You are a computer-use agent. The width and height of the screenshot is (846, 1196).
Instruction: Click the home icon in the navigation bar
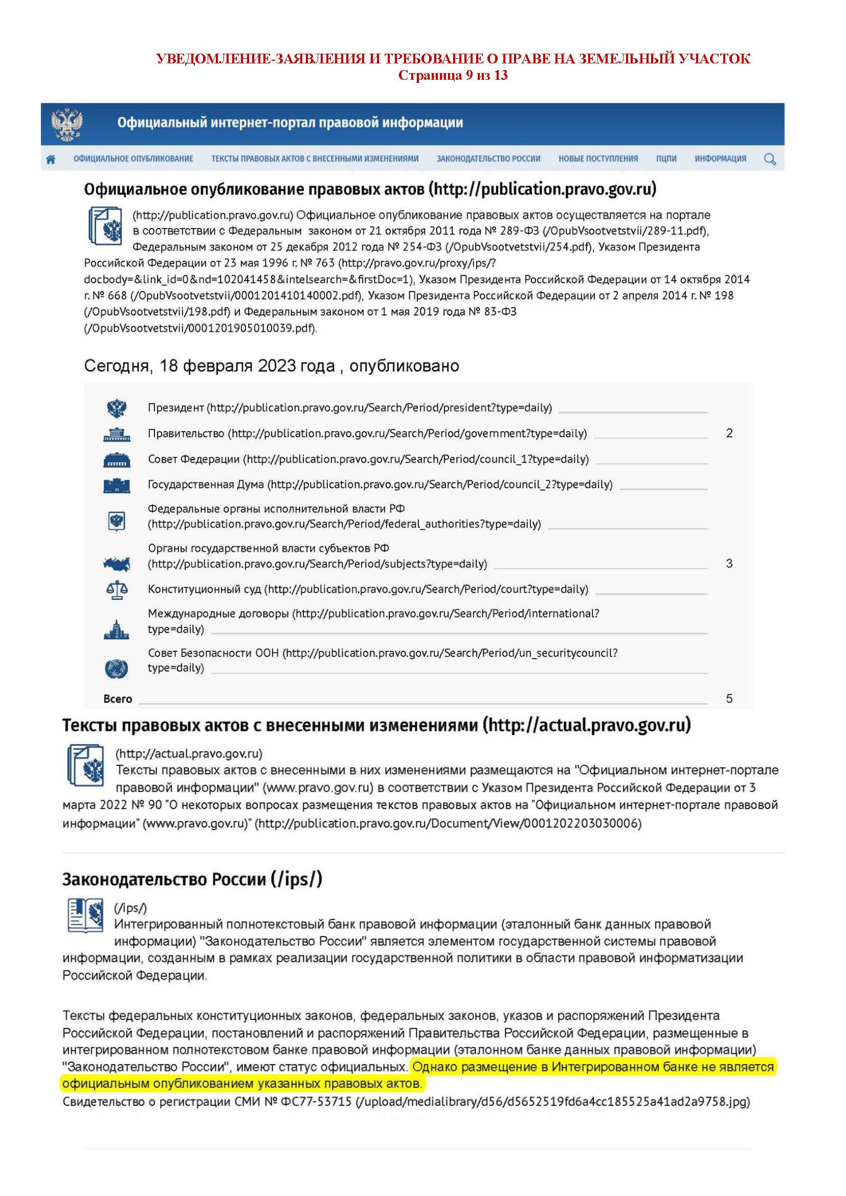[x=51, y=160]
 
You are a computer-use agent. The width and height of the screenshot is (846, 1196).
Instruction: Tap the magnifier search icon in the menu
[x=769, y=159]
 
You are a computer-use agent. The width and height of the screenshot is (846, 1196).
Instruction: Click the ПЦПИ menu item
[x=666, y=159]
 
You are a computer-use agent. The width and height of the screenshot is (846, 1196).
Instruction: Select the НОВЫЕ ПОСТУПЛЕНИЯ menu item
[x=598, y=159]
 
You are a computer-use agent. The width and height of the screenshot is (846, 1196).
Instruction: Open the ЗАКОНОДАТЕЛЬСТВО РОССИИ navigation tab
[x=488, y=159]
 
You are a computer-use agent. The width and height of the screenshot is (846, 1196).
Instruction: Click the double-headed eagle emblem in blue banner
[x=66, y=124]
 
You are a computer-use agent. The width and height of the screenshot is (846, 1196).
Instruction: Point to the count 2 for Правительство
[x=729, y=434]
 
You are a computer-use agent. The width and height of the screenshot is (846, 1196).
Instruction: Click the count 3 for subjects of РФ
[x=729, y=563]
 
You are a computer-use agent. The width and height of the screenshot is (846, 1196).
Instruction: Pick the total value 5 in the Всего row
[x=729, y=698]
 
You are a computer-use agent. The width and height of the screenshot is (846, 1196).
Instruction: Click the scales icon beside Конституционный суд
[x=116, y=590]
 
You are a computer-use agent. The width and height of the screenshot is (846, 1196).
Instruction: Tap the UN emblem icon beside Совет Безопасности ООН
[x=116, y=668]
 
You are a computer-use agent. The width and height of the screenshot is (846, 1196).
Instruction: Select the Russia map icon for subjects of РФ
[x=116, y=563]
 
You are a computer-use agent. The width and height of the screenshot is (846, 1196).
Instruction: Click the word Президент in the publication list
[x=175, y=408]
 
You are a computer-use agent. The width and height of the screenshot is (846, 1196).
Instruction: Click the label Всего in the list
[x=118, y=699]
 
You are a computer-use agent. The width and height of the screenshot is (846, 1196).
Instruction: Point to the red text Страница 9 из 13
[x=453, y=76]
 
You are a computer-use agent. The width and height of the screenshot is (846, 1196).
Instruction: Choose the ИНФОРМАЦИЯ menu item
[x=720, y=159]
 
